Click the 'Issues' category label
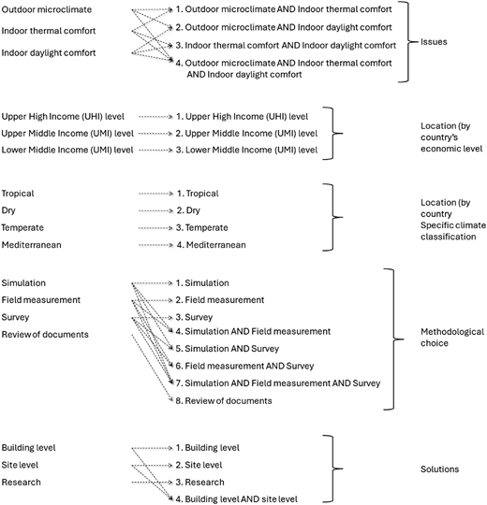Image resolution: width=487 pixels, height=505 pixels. point(434,42)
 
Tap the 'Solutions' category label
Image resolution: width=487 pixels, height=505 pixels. point(439,469)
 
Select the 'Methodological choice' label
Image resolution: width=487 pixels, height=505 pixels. point(452,338)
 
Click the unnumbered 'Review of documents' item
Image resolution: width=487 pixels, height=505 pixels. point(45,334)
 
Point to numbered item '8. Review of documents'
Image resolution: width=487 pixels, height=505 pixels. point(224,400)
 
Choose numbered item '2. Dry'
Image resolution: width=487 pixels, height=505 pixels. point(188,210)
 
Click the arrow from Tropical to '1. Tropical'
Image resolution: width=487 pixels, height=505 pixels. point(156,194)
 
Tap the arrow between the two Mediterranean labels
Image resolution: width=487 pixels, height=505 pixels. point(156,245)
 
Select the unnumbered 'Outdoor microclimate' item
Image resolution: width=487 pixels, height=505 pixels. point(47,9)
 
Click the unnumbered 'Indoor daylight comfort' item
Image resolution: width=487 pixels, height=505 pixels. point(49,52)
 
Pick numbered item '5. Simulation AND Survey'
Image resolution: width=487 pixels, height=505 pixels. point(228,349)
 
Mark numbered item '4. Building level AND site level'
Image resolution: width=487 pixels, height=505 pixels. point(236,498)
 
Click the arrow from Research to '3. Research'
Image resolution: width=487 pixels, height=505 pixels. point(153,483)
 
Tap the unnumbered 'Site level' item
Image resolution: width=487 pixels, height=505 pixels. point(20,465)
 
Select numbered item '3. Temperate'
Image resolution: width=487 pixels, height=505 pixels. point(202,227)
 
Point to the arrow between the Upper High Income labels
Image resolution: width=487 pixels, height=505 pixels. point(156,117)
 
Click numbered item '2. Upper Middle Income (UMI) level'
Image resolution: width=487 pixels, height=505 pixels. point(246,134)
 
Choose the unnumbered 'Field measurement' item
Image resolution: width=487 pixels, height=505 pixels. point(40,300)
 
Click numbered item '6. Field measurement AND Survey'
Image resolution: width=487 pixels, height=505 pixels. point(244,366)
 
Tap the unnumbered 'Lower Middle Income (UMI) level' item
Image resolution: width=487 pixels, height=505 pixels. point(67,150)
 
